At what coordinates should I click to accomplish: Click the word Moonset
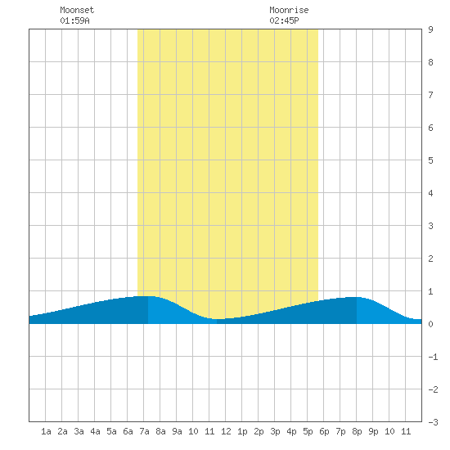77,10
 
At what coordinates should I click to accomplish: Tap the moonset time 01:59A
74,20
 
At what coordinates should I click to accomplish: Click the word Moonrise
289,10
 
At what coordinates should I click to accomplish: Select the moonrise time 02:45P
284,20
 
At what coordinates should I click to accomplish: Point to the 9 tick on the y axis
430,29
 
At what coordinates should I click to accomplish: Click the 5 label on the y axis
430,160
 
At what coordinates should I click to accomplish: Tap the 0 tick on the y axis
430,324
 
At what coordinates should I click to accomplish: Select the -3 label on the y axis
433,422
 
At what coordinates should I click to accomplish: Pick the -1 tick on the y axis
433,357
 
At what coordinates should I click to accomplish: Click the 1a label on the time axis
46,431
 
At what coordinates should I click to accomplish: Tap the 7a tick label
144,431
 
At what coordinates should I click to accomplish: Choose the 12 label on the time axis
226,431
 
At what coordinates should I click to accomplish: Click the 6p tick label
324,431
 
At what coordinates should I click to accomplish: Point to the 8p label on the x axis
357,431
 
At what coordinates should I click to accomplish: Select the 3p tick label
275,431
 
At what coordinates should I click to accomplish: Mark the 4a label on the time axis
95,431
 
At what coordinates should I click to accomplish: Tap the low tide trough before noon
218,319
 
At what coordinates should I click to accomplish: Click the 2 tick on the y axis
430,259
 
